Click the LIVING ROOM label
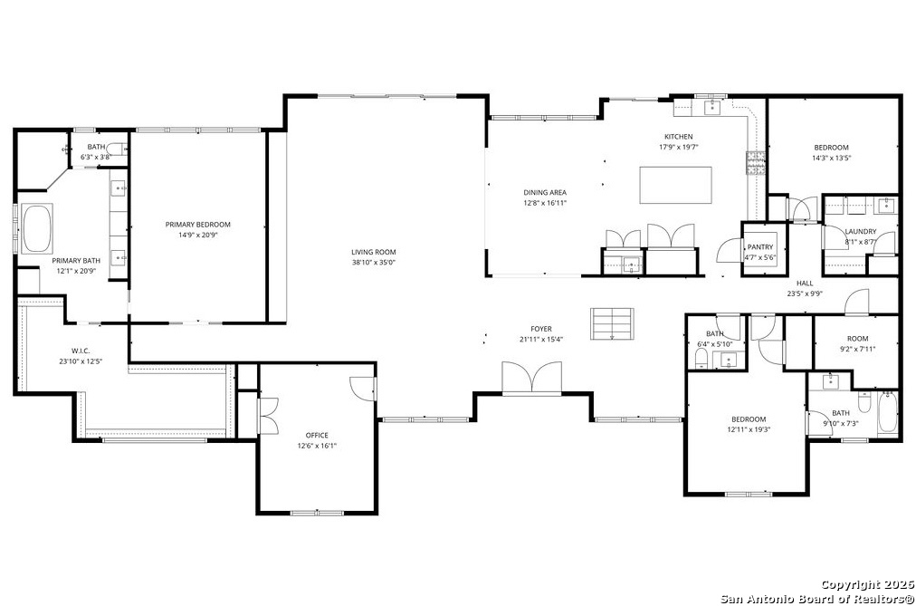[x=373, y=252]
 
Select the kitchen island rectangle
[x=675, y=186]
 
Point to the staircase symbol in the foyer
[x=612, y=323]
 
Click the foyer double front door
[x=531, y=378]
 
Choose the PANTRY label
[x=760, y=247]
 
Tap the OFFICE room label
[x=317, y=436]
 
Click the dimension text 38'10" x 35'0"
[x=373, y=263]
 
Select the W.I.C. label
[x=81, y=351]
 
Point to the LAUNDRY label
[x=860, y=231]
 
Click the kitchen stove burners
[x=755, y=163]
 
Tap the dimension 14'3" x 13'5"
[x=831, y=158]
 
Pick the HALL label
[x=805, y=284]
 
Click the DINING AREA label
[x=545, y=192]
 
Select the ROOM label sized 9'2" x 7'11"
[x=857, y=339]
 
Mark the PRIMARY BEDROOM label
[x=197, y=225]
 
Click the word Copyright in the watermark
[x=850, y=584]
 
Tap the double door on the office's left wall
[x=268, y=416]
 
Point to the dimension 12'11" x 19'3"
[x=749, y=429]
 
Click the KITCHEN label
[x=678, y=137]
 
